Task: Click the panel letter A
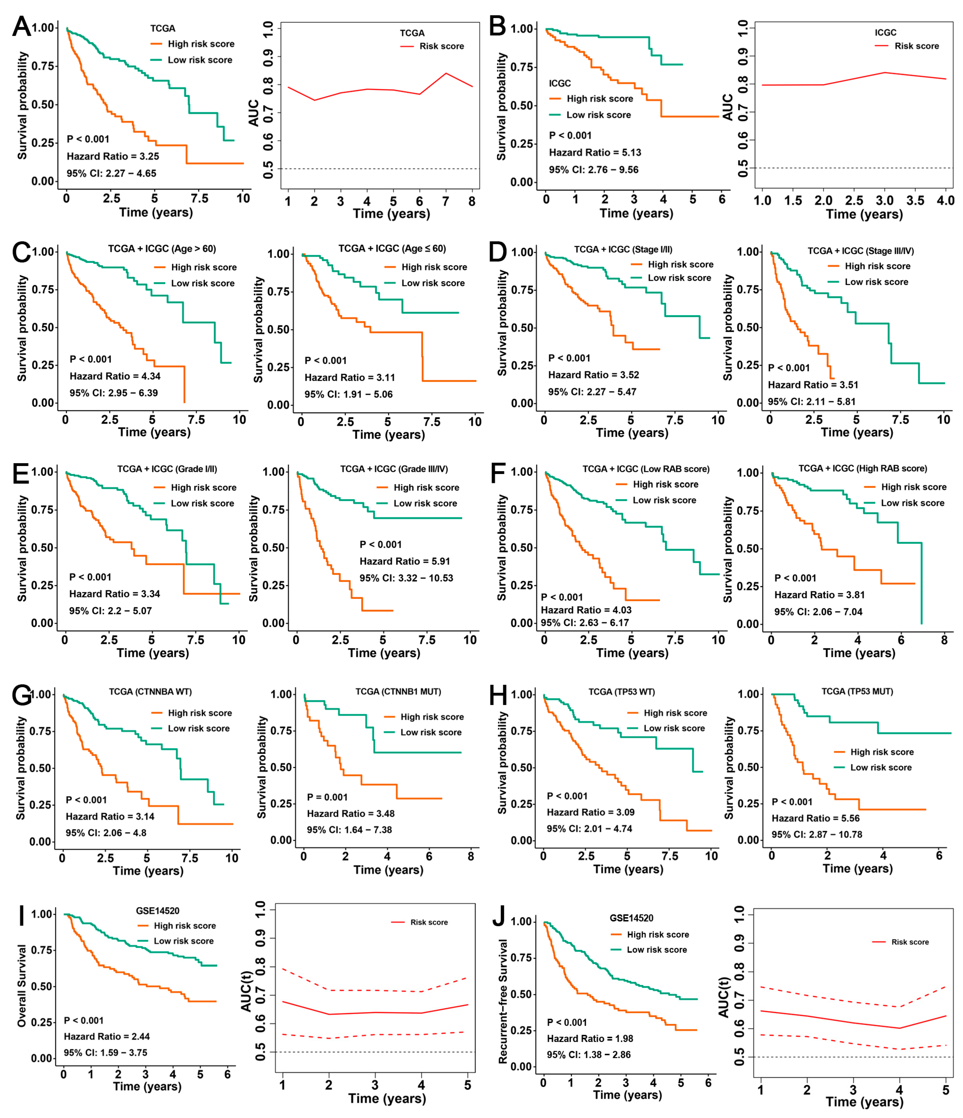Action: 22,26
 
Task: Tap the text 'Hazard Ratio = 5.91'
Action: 404,561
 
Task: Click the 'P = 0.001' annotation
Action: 327,797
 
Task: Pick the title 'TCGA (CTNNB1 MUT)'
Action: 398,692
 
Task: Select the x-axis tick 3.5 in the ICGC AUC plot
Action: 915,201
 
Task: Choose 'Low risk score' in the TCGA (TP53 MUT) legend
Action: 880,767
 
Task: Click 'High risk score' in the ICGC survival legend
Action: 599,99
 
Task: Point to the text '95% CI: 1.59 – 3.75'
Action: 105,1052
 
